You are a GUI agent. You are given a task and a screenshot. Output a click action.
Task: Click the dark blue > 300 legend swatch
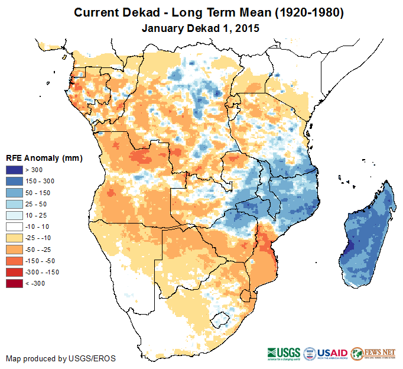14,170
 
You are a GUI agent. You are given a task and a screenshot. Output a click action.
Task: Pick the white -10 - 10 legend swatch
14,226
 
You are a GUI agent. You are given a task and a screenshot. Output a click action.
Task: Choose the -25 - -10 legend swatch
14,238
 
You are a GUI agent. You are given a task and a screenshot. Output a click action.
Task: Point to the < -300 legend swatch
14,283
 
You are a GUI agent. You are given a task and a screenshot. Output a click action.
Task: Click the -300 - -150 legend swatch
14,272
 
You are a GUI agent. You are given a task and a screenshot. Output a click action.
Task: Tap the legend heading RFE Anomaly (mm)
44,158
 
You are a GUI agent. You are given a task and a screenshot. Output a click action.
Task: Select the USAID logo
333,354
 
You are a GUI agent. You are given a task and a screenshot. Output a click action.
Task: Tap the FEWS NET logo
375,354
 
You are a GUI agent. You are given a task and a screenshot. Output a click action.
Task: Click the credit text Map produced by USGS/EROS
61,358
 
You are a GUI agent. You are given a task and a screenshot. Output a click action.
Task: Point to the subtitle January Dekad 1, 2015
201,28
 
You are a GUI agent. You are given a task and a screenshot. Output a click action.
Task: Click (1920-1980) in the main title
304,12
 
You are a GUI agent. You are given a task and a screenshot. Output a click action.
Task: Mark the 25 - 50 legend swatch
14,204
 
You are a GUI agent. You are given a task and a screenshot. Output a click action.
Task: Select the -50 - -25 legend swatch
14,249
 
